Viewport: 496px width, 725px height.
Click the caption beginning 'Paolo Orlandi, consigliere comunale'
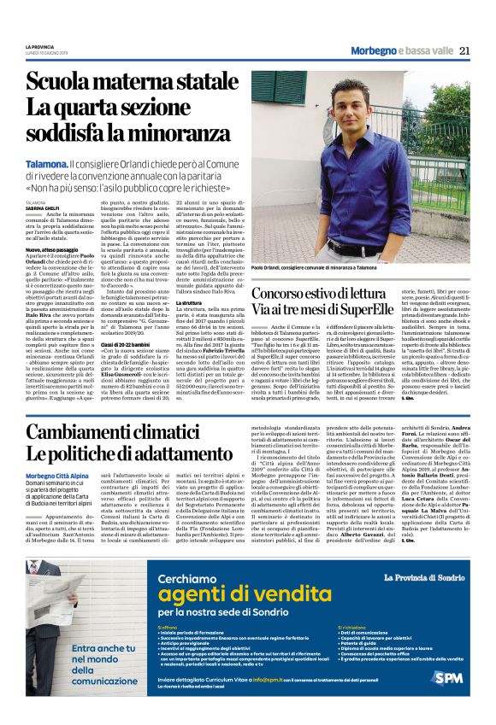[x=314, y=267]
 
